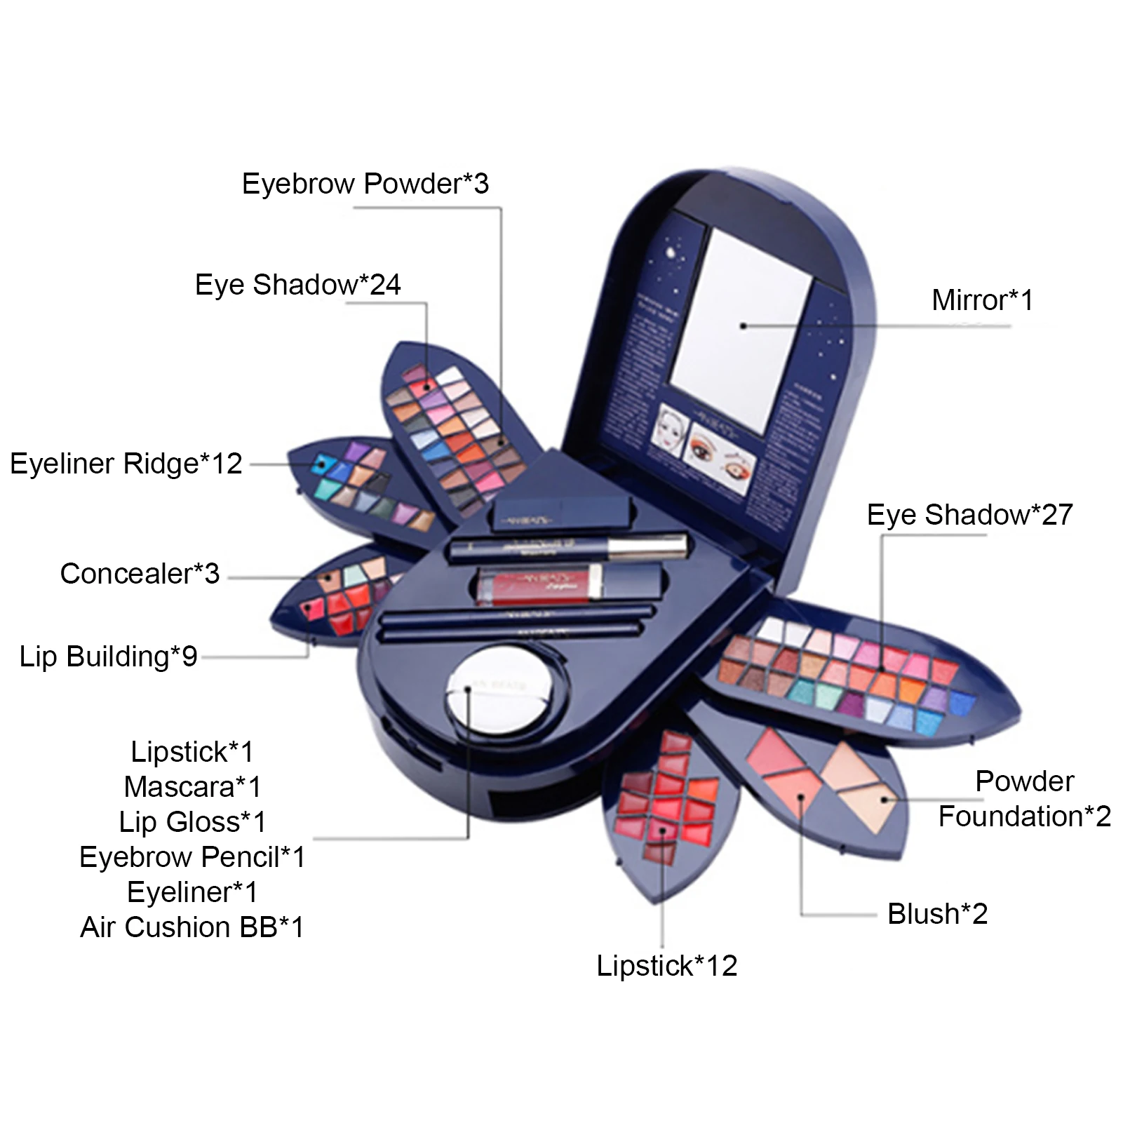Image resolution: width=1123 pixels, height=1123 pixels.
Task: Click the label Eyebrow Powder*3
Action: (x=365, y=184)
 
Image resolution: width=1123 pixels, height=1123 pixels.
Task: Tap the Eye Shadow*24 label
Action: (x=297, y=285)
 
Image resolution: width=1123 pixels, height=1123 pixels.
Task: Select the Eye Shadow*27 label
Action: (x=969, y=515)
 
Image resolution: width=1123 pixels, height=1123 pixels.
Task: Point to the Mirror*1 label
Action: (x=982, y=300)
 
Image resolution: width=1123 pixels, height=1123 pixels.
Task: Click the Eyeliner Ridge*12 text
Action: (x=126, y=464)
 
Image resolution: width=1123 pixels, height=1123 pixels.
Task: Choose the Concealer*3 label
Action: (x=140, y=574)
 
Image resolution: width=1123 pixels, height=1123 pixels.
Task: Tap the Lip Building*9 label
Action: (x=108, y=657)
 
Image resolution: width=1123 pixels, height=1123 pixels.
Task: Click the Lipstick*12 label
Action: (x=666, y=966)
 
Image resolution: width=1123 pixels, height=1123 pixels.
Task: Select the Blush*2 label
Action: (x=937, y=914)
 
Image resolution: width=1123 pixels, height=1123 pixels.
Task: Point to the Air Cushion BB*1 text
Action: (x=192, y=927)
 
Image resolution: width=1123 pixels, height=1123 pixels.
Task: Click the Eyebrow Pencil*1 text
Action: (x=192, y=857)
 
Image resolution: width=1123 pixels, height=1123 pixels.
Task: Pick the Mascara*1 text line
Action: (x=192, y=787)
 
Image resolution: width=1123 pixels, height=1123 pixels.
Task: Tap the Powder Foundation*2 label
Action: (x=1024, y=799)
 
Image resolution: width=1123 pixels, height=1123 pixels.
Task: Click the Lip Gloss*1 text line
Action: (x=192, y=822)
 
